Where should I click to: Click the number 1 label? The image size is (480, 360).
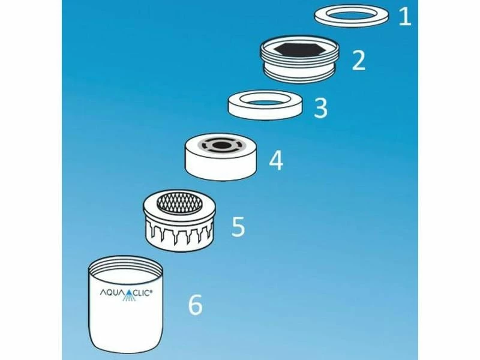(x=404, y=17)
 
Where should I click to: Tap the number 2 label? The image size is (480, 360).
(x=359, y=61)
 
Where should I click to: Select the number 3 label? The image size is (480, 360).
(x=320, y=108)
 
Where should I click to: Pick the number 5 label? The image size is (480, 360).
(x=238, y=226)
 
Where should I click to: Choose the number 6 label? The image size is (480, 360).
(x=195, y=304)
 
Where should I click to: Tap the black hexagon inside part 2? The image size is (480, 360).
(x=299, y=50)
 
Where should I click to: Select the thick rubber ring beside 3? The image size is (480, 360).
(x=266, y=112)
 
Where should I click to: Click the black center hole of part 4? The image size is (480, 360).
(x=221, y=145)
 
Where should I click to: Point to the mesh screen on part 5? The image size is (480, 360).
(x=179, y=202)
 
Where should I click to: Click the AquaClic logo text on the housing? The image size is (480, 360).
(x=125, y=293)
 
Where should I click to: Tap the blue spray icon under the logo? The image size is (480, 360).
(x=129, y=296)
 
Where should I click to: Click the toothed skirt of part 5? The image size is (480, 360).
(x=179, y=233)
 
